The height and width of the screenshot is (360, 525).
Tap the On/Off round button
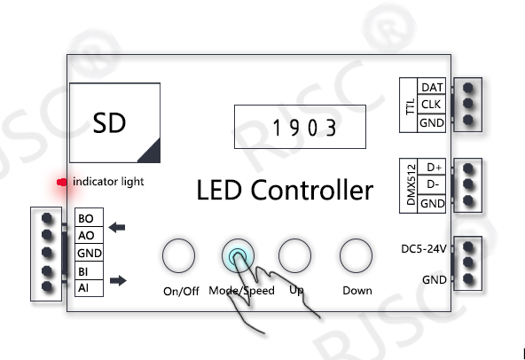coord(178,255)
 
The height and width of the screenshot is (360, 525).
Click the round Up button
coord(294,255)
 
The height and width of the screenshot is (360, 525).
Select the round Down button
coord(356,255)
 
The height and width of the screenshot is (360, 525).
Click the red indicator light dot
coord(61,182)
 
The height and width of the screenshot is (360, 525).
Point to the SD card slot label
coord(109,123)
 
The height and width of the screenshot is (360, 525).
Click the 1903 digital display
coord(300,127)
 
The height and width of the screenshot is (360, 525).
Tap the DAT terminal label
coord(432,88)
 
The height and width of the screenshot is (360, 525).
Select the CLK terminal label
coord(431,105)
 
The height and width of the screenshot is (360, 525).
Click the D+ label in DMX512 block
coord(435,167)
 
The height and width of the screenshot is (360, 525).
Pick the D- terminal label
coord(433,184)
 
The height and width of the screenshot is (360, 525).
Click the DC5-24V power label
coord(424,249)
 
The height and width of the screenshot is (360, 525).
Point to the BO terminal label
coord(85,219)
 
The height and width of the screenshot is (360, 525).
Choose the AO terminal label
coord(86,236)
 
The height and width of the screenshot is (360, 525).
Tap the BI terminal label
coord(82,271)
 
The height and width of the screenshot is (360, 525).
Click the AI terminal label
coord(83,287)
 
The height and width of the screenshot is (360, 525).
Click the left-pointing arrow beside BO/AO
coord(117,227)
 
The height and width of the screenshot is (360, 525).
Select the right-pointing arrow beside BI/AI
coord(118,280)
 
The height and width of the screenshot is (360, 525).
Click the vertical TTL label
coord(410,106)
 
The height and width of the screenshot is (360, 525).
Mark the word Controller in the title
coord(312,190)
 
